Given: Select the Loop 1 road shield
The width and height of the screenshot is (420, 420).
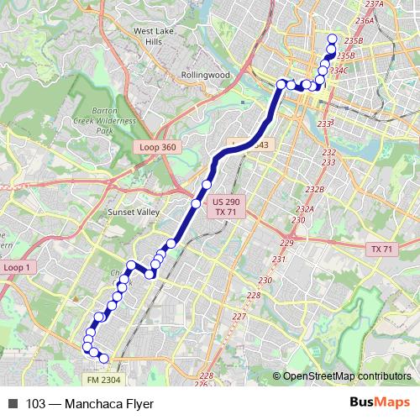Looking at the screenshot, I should [x=16, y=266].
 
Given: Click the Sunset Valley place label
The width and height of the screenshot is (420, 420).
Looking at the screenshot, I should [x=133, y=213].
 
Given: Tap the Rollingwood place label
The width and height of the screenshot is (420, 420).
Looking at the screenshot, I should [x=205, y=74].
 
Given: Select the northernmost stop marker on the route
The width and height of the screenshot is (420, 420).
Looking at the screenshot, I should [x=332, y=39].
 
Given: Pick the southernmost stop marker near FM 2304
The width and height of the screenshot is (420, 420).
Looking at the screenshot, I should [x=104, y=358].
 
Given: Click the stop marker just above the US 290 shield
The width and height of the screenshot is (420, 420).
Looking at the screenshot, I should [x=207, y=184].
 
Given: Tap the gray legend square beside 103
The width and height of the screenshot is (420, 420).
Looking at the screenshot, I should [x=13, y=403].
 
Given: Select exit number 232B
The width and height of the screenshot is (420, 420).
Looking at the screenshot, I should [x=315, y=189].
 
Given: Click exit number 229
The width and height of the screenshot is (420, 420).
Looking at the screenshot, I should [x=286, y=243].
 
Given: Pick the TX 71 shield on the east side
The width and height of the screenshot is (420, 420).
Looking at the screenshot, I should [x=382, y=249].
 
